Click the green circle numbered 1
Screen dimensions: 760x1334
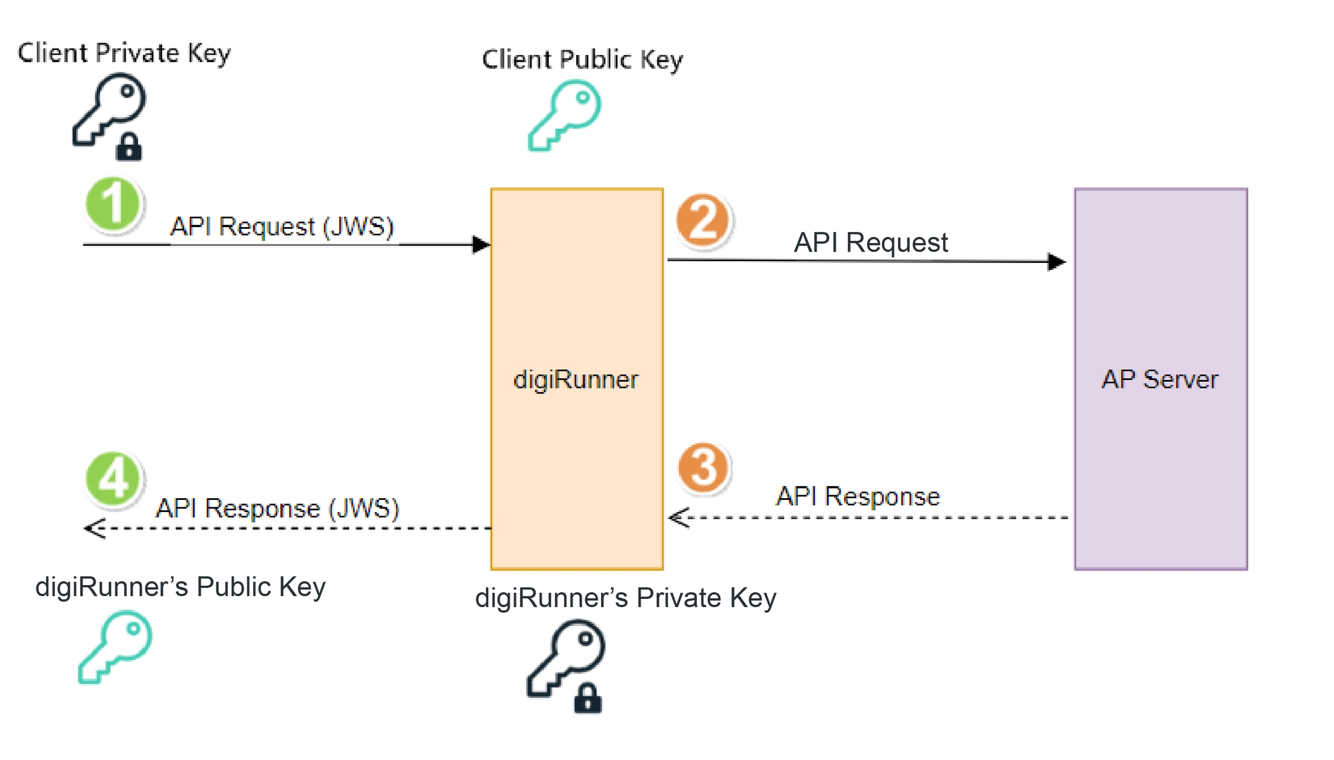click(x=113, y=204)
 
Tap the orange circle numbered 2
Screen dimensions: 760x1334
click(x=703, y=220)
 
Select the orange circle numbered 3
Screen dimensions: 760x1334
click(x=703, y=467)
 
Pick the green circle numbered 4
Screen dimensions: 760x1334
click(x=113, y=479)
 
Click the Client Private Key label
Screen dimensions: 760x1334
click(x=124, y=53)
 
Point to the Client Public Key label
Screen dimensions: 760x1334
click(x=582, y=60)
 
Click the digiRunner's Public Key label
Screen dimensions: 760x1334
click(x=180, y=587)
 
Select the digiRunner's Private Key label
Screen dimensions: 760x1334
click(x=625, y=598)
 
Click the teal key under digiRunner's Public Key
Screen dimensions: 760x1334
click(x=115, y=646)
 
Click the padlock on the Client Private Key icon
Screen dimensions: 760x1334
click(x=129, y=147)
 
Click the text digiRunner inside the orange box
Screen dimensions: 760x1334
click(x=576, y=380)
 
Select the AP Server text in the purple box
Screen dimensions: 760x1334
click(x=1160, y=379)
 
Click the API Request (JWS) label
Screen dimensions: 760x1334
click(x=282, y=226)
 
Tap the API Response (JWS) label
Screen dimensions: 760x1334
click(x=277, y=509)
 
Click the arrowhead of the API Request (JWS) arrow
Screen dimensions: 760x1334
click(x=481, y=244)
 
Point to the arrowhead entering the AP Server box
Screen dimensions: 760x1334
click(x=1057, y=262)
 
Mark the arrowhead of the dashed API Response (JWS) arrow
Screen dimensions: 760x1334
click(x=94, y=528)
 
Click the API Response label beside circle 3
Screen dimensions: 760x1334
click(x=857, y=496)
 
